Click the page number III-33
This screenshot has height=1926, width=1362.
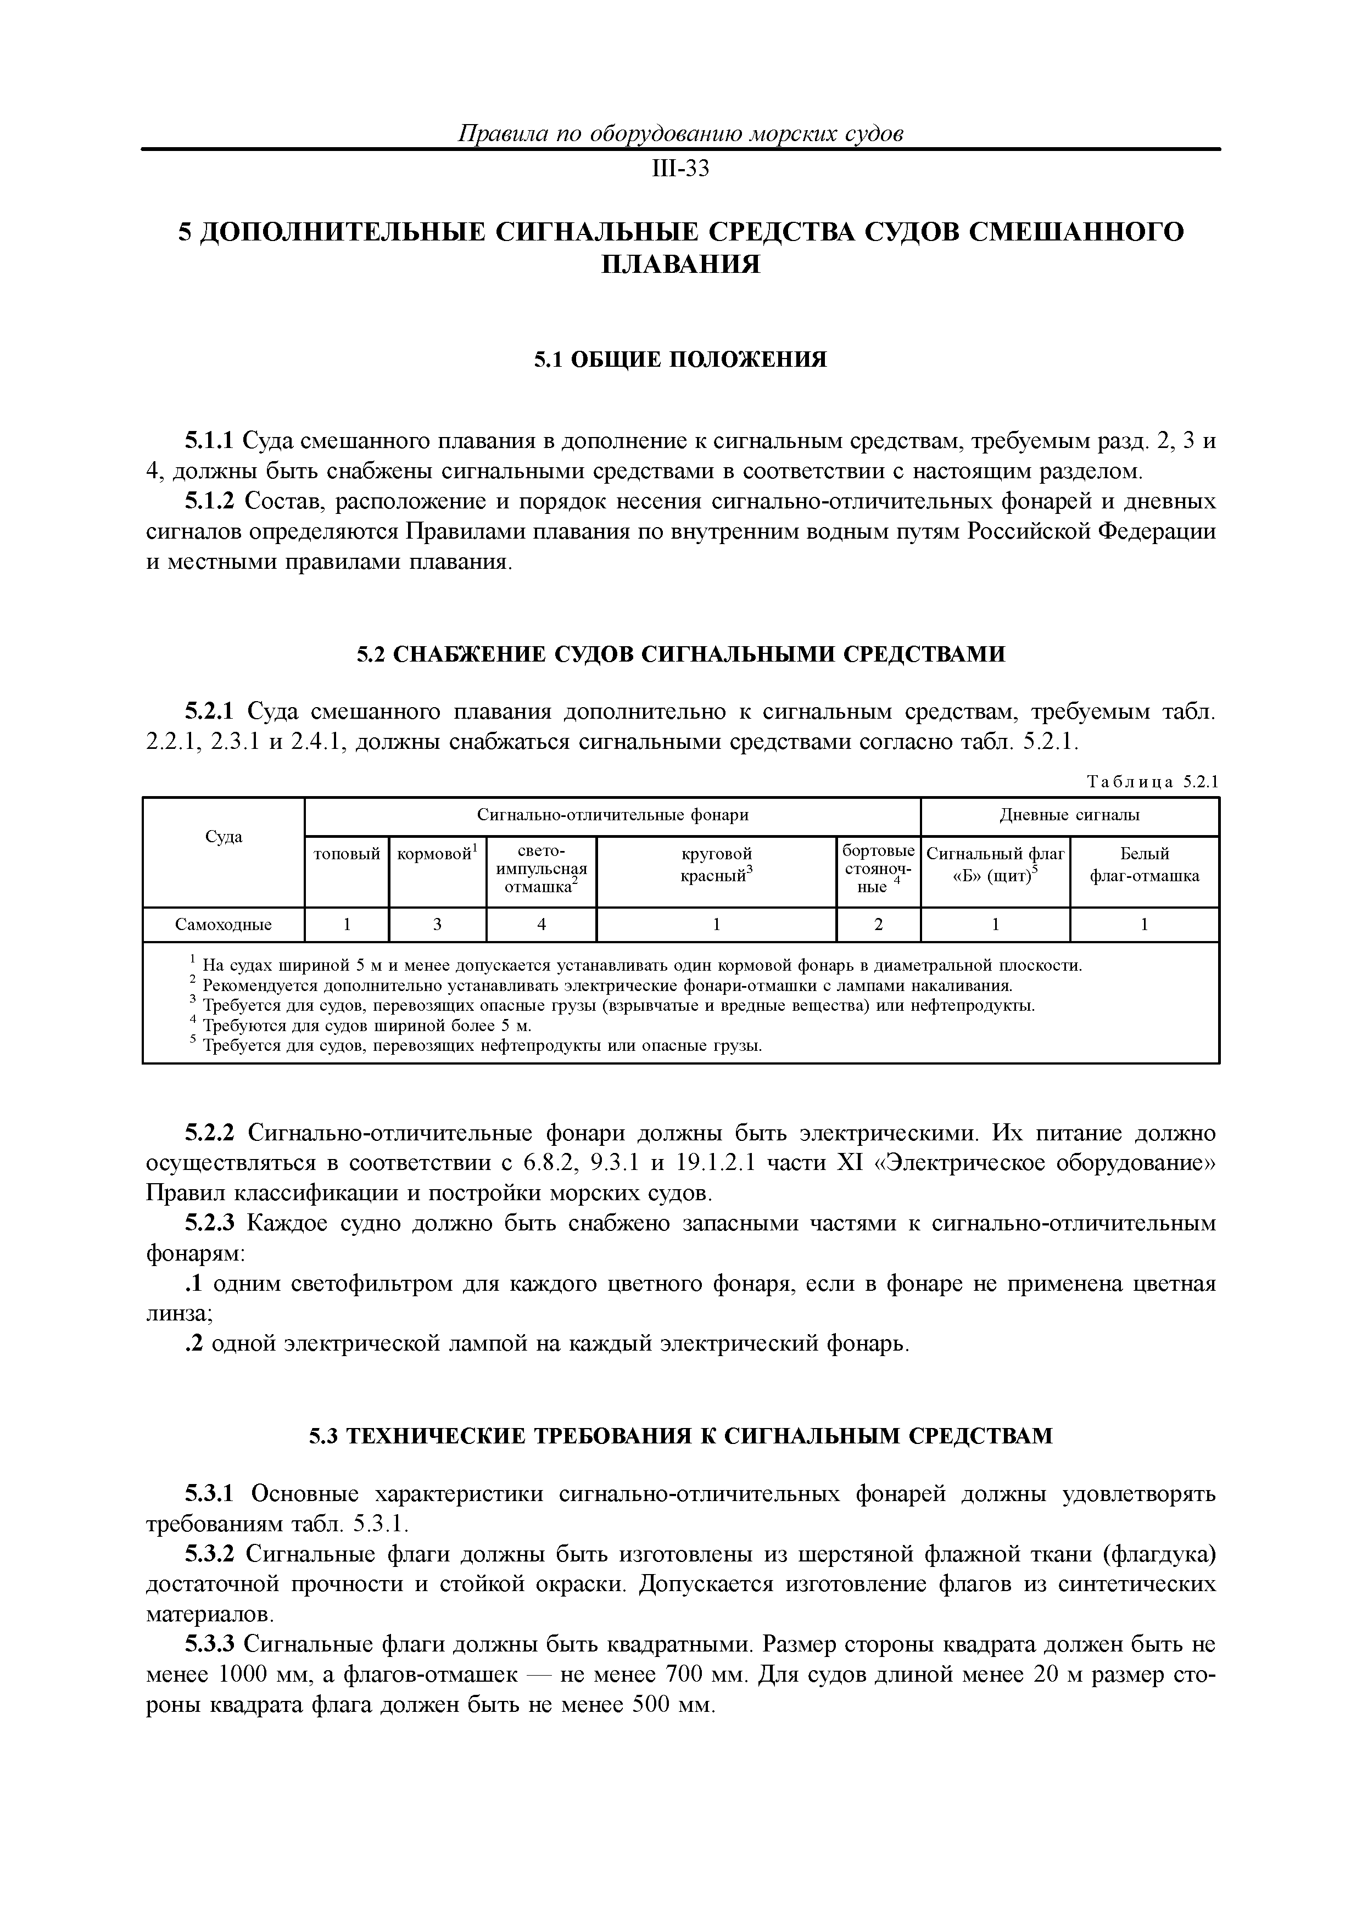point(680,170)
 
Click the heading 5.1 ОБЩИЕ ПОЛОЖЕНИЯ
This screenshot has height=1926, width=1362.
point(680,360)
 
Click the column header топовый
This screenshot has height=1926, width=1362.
point(347,854)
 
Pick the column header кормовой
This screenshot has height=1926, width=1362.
point(437,854)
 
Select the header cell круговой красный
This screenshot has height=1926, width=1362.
point(716,865)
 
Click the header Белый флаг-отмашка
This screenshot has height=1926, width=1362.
point(1144,865)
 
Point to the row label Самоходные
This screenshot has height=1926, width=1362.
point(223,925)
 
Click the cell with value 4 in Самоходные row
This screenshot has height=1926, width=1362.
point(542,925)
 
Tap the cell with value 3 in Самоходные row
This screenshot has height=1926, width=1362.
point(437,925)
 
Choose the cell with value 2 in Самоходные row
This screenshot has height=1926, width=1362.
point(879,925)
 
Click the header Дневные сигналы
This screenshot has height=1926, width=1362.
point(1069,815)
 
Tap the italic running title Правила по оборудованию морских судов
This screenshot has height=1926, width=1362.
point(680,133)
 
